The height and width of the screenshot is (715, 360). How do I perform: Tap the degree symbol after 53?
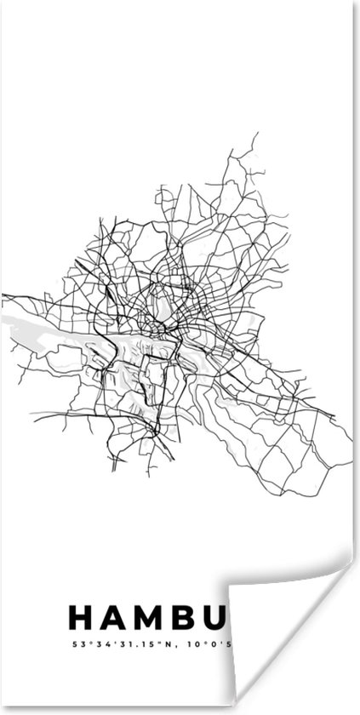point(86,641)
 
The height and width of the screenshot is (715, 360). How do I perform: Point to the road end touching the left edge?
point(3,295)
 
